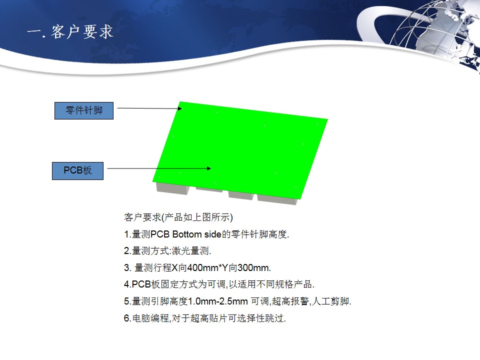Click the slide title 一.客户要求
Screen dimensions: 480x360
point(70,32)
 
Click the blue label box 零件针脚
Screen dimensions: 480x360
point(84,110)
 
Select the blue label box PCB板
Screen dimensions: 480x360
point(78,171)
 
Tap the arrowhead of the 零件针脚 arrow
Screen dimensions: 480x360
point(180,108)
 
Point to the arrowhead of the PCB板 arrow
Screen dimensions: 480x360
point(209,168)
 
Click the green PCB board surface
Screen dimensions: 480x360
point(240,150)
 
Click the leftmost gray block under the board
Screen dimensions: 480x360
point(172,188)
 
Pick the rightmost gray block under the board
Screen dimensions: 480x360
point(277,199)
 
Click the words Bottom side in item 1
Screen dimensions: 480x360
point(197,234)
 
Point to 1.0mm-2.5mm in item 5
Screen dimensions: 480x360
point(217,301)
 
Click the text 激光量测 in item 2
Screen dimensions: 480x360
point(190,251)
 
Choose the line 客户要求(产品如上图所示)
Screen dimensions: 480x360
point(178,217)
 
